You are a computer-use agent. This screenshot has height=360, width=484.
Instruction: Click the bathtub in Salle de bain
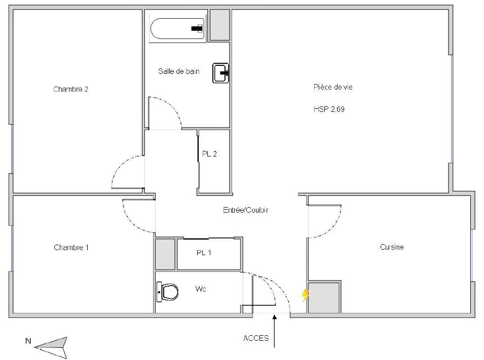point(177,29)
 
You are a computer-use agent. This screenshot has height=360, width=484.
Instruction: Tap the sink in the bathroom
point(220,73)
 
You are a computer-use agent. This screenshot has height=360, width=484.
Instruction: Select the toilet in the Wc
point(168,292)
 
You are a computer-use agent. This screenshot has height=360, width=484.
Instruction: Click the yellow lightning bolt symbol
point(305,295)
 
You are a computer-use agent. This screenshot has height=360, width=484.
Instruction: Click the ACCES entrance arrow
point(274,331)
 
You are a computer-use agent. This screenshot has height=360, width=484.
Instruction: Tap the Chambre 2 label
point(70,89)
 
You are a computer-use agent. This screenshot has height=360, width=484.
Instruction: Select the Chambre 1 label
point(71,248)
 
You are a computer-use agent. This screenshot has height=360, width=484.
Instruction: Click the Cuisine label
point(392,247)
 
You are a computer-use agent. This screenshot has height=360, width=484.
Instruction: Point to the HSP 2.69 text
point(329,109)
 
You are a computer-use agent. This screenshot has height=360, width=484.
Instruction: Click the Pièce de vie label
point(333,87)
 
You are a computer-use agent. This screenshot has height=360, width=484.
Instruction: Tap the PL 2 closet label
point(209,153)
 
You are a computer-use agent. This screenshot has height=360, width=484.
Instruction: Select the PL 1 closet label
point(204,253)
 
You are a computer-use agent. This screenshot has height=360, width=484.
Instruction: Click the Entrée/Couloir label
point(246,210)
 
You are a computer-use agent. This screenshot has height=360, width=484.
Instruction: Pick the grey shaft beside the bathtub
point(220,25)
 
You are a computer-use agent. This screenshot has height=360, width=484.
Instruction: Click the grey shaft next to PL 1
point(165,254)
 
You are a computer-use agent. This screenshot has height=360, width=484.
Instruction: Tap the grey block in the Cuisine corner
point(324,297)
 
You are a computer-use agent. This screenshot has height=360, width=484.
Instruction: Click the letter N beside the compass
point(28,341)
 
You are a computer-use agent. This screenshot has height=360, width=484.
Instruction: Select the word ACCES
point(256,338)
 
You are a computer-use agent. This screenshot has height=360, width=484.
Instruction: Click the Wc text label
point(201,289)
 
